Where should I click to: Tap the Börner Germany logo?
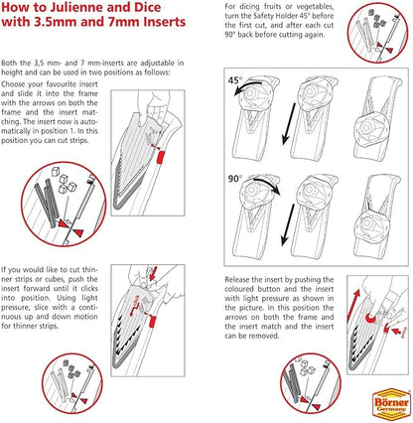click(391, 401)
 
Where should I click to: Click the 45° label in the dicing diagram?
click(235, 80)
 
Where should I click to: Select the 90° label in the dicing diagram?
click(235, 179)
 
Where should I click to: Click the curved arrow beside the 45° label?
click(247, 87)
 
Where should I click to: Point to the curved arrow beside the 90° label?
click(266, 184)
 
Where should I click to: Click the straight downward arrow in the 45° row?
click(289, 123)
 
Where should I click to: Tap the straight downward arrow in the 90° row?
click(288, 224)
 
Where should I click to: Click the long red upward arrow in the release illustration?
click(353, 305)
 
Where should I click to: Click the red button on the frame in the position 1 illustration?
click(161, 157)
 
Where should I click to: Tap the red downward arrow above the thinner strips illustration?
click(153, 272)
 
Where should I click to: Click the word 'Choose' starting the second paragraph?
click(13, 84)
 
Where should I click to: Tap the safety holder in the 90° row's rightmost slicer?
click(370, 224)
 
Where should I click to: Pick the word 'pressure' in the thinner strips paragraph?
click(15, 307)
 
